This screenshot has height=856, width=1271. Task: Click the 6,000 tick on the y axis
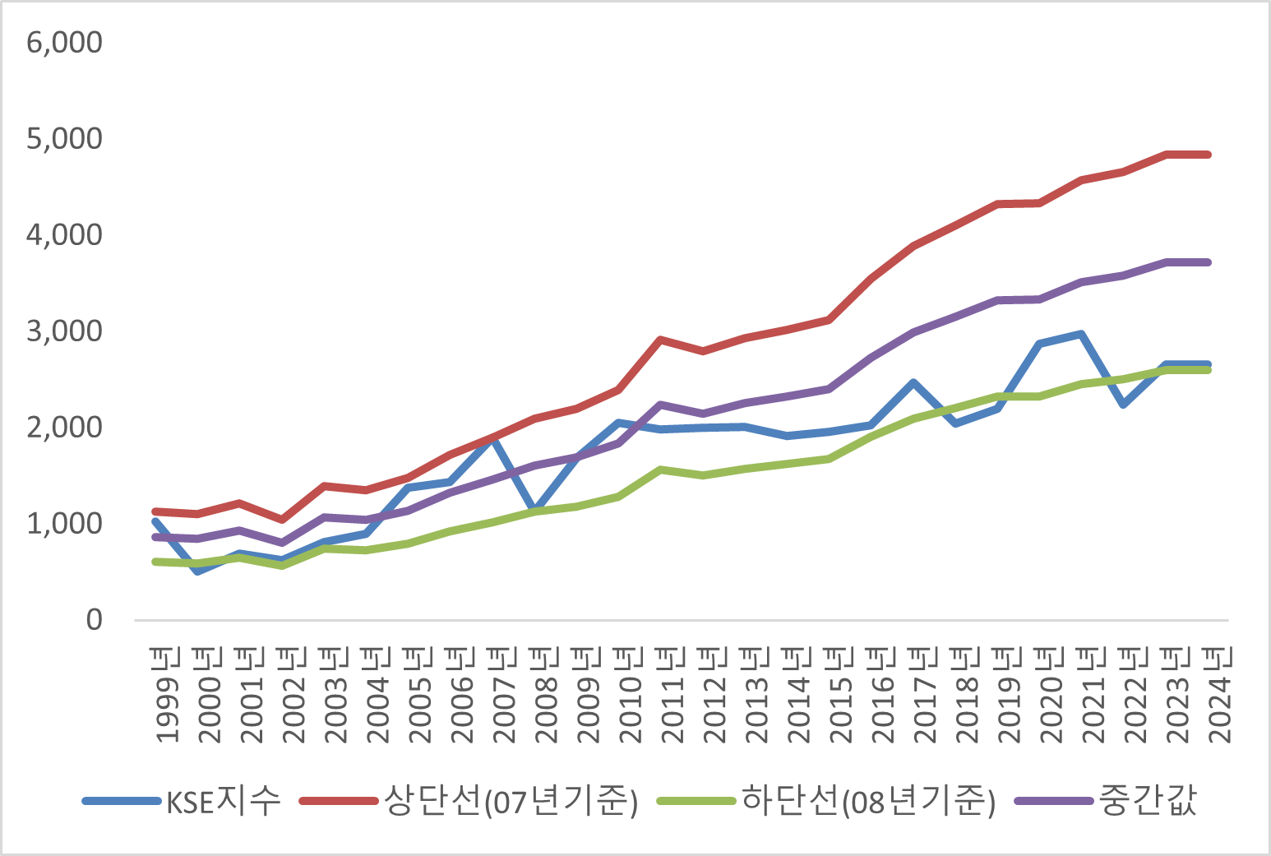click(64, 42)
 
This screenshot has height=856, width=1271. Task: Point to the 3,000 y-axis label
click(64, 331)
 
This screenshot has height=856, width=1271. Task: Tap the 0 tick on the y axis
click(94, 620)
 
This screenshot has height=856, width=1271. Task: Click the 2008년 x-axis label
click(545, 695)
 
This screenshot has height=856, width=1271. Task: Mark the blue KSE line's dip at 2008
click(534, 511)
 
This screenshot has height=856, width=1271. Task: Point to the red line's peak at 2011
click(661, 339)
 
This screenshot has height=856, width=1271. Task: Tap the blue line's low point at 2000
click(197, 571)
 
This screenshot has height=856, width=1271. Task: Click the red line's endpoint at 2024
click(1208, 155)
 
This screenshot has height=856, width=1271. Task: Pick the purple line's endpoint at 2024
click(1208, 262)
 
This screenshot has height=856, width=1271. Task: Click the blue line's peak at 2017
click(913, 382)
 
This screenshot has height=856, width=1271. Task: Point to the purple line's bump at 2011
click(661, 405)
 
